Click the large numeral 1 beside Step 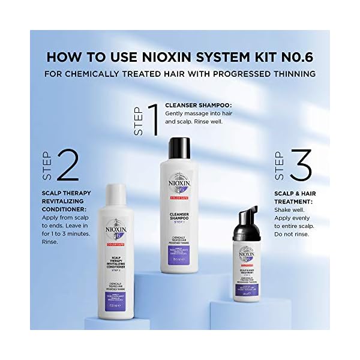tap(153, 120)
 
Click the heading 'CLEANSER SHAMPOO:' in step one tap(199, 105)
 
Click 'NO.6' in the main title tap(295, 59)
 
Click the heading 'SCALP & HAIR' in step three tap(292, 194)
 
